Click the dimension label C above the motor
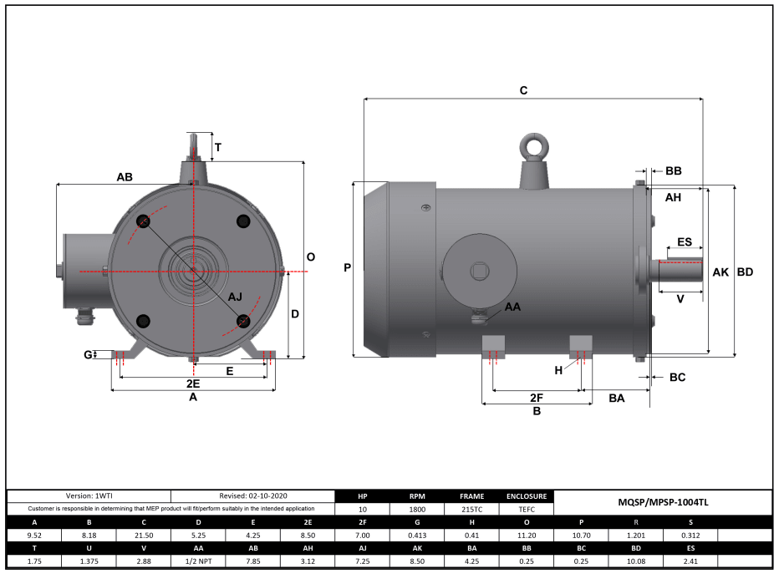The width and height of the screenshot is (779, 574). click(523, 90)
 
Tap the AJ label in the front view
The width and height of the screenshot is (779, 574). click(236, 297)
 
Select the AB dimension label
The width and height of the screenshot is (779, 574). click(125, 177)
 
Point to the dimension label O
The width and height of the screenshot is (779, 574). click(310, 257)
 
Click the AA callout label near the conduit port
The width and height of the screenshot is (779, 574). click(512, 307)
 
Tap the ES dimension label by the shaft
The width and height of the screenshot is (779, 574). click(684, 241)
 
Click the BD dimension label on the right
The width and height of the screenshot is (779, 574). click(745, 272)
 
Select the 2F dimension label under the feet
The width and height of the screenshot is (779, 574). click(537, 398)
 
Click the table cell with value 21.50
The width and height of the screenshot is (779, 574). click(144, 535)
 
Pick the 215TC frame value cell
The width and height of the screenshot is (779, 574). click(471, 509)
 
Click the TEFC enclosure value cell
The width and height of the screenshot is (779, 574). click(527, 509)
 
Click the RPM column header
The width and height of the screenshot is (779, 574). click(417, 496)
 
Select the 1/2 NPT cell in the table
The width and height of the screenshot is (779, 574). click(198, 561)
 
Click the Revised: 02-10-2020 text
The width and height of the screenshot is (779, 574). click(252, 496)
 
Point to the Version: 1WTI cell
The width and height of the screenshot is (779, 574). click(89, 496)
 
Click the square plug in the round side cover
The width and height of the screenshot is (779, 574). click(478, 271)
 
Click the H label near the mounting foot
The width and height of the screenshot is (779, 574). click(558, 369)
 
